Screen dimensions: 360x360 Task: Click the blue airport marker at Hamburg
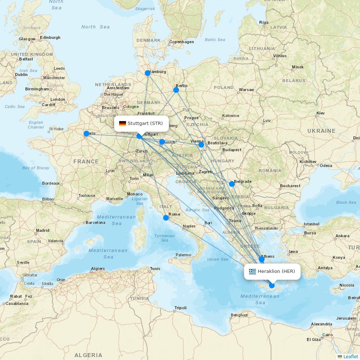(x=148, y=73)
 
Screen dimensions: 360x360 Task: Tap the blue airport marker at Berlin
(x=176, y=90)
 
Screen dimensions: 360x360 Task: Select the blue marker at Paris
(x=86, y=134)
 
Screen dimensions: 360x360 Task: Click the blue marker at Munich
(x=162, y=142)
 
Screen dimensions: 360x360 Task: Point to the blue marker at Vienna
(x=201, y=145)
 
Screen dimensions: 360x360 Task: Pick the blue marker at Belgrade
(x=232, y=184)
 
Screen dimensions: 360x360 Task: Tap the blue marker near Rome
(x=166, y=217)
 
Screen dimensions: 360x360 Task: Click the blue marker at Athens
(x=262, y=259)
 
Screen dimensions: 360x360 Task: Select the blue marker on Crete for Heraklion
(x=272, y=285)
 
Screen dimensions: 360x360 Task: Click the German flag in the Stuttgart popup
(x=122, y=123)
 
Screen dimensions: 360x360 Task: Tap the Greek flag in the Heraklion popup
(x=252, y=271)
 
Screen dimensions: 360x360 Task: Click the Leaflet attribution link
(x=350, y=356)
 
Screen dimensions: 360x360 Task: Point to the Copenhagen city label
(x=181, y=42)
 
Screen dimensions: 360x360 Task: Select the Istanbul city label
(x=311, y=224)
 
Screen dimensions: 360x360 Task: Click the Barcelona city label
(x=95, y=222)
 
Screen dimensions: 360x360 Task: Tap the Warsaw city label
(x=246, y=90)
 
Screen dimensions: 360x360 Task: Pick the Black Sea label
(x=346, y=202)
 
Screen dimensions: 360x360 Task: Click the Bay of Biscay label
(x=36, y=168)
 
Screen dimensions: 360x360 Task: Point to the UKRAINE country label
(x=321, y=131)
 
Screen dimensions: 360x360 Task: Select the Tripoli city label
(x=180, y=308)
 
